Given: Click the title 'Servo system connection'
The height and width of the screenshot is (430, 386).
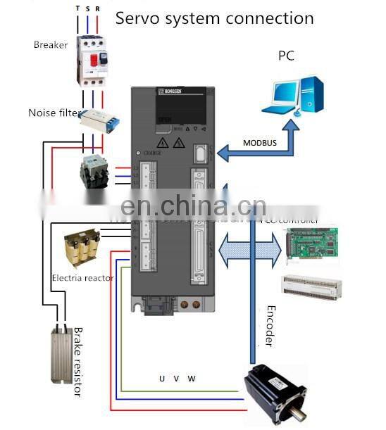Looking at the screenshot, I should pyautogui.click(x=214, y=17).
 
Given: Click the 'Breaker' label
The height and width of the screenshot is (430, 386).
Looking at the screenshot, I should pyautogui.click(x=51, y=45).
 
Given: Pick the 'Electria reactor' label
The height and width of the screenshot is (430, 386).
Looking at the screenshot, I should pyautogui.click(x=82, y=278).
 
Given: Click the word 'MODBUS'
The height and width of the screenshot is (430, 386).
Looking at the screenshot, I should pyautogui.click(x=260, y=143).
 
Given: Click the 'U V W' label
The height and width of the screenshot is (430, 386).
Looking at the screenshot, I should pyautogui.click(x=177, y=379).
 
